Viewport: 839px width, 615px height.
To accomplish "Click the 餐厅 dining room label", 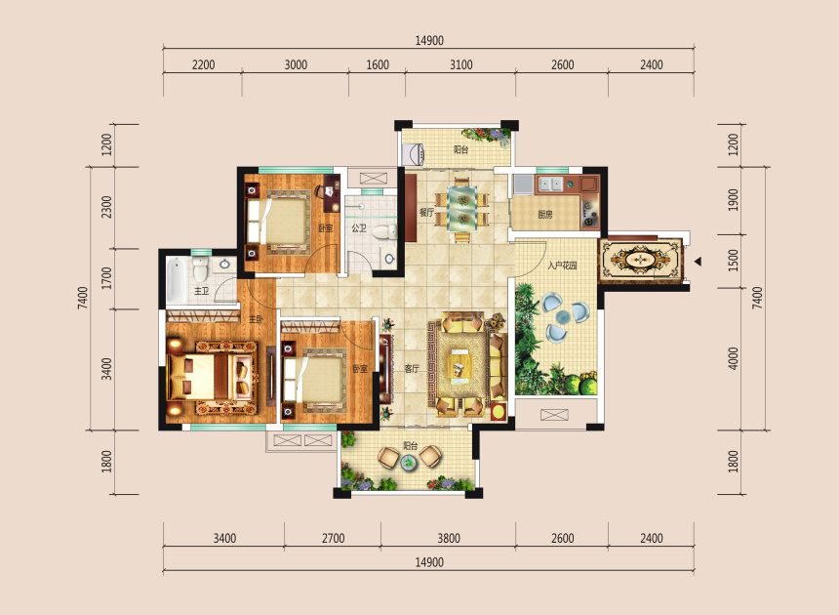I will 425,211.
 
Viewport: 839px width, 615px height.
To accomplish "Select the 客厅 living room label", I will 412,369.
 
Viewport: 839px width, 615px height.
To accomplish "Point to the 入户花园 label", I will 563,266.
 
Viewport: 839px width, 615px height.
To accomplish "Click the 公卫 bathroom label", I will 358,229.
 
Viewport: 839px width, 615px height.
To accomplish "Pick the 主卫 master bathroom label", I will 202,291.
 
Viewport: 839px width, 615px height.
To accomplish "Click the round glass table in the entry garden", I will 561,319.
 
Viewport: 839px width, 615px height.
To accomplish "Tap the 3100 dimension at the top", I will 460,65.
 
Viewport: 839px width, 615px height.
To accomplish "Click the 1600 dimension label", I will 378,65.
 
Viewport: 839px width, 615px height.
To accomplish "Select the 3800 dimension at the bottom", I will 448,538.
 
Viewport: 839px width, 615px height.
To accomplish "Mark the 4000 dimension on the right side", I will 734,358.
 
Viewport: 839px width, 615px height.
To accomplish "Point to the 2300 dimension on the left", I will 106,208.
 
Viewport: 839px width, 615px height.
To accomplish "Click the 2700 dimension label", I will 333,538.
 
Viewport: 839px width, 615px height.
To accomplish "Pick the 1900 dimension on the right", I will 734,200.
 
